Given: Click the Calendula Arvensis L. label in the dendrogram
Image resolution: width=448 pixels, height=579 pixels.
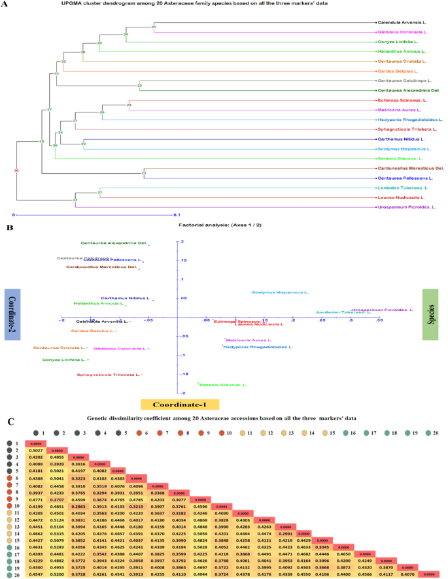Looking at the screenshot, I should tap(400, 23).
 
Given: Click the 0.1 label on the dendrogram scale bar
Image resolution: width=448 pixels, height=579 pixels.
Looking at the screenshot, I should tap(177, 215).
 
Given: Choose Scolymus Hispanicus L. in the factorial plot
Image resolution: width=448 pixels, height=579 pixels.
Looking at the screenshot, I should tap(277, 292).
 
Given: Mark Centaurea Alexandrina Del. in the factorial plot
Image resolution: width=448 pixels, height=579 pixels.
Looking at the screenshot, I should tap(114, 243).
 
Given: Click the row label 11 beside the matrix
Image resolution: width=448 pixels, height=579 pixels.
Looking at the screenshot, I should tap(12, 513).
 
